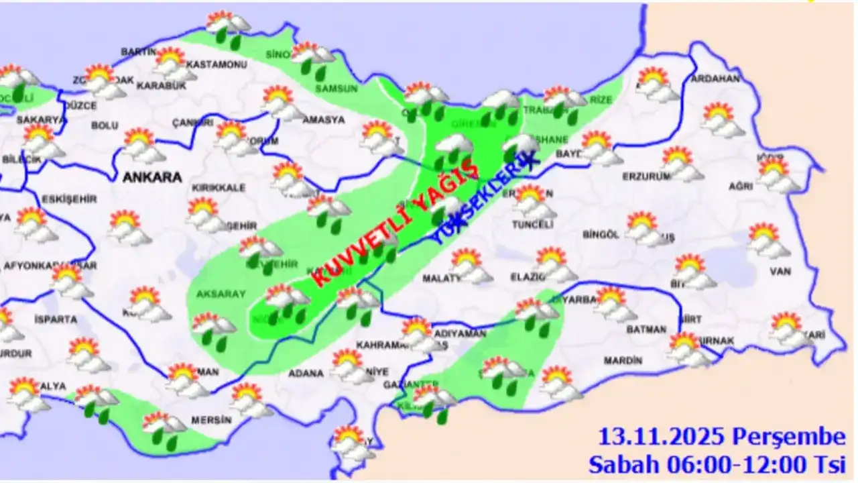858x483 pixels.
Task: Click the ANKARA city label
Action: [x=152, y=178]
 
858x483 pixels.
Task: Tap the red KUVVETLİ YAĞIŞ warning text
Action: [x=395, y=225]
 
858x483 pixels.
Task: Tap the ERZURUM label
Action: [x=646, y=177]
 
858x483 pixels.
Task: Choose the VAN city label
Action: [x=781, y=271]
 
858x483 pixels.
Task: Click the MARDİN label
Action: [x=623, y=361]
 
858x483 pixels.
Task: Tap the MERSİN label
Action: [x=211, y=420]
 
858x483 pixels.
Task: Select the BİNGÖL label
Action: [x=600, y=235]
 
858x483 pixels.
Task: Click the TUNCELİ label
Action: [x=533, y=225]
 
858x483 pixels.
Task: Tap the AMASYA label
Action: [x=323, y=120]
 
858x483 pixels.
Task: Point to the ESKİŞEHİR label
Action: [x=69, y=199]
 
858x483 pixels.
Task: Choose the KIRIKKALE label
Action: [x=219, y=188]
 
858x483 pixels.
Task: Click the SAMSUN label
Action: [x=336, y=88]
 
